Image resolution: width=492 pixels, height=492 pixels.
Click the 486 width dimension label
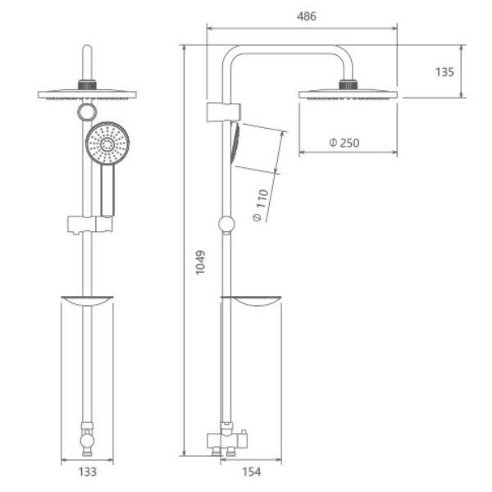coord(307,16)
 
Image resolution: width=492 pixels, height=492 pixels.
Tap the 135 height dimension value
coord(444,72)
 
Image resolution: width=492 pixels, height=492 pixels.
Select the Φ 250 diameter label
coord(344,143)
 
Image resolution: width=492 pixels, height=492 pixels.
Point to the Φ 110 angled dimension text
coord(261,205)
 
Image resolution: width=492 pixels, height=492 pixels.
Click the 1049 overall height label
coord(200,262)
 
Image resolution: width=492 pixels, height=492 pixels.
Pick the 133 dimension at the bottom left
coord(87,471)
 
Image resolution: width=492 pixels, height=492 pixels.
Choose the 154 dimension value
coord(252,471)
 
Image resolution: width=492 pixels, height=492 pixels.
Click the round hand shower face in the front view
coord(107,144)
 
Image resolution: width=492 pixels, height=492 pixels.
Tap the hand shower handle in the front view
coord(107,190)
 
